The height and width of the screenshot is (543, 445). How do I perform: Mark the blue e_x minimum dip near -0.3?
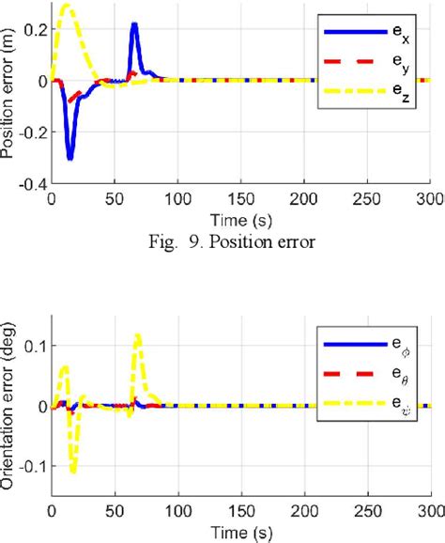point(69,158)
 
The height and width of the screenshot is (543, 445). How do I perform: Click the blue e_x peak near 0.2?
point(134,24)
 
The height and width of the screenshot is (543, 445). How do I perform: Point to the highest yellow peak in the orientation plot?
point(137,335)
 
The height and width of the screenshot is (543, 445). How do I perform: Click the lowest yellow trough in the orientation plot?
point(73,470)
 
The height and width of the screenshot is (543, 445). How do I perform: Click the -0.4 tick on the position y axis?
point(32,184)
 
